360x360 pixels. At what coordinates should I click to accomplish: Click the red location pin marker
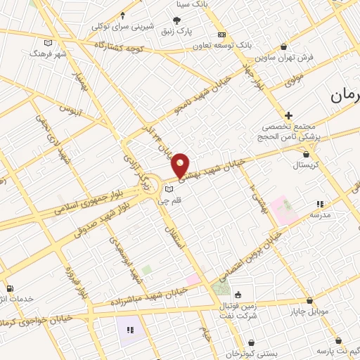[181, 165]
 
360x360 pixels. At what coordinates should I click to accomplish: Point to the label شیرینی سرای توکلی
[122, 27]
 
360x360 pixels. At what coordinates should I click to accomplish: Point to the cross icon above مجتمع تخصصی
[288, 115]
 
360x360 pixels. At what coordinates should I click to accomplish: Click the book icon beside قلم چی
[168, 189]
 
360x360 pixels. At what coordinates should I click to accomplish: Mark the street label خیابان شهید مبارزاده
[148, 296]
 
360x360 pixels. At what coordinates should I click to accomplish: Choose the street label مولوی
[294, 79]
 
